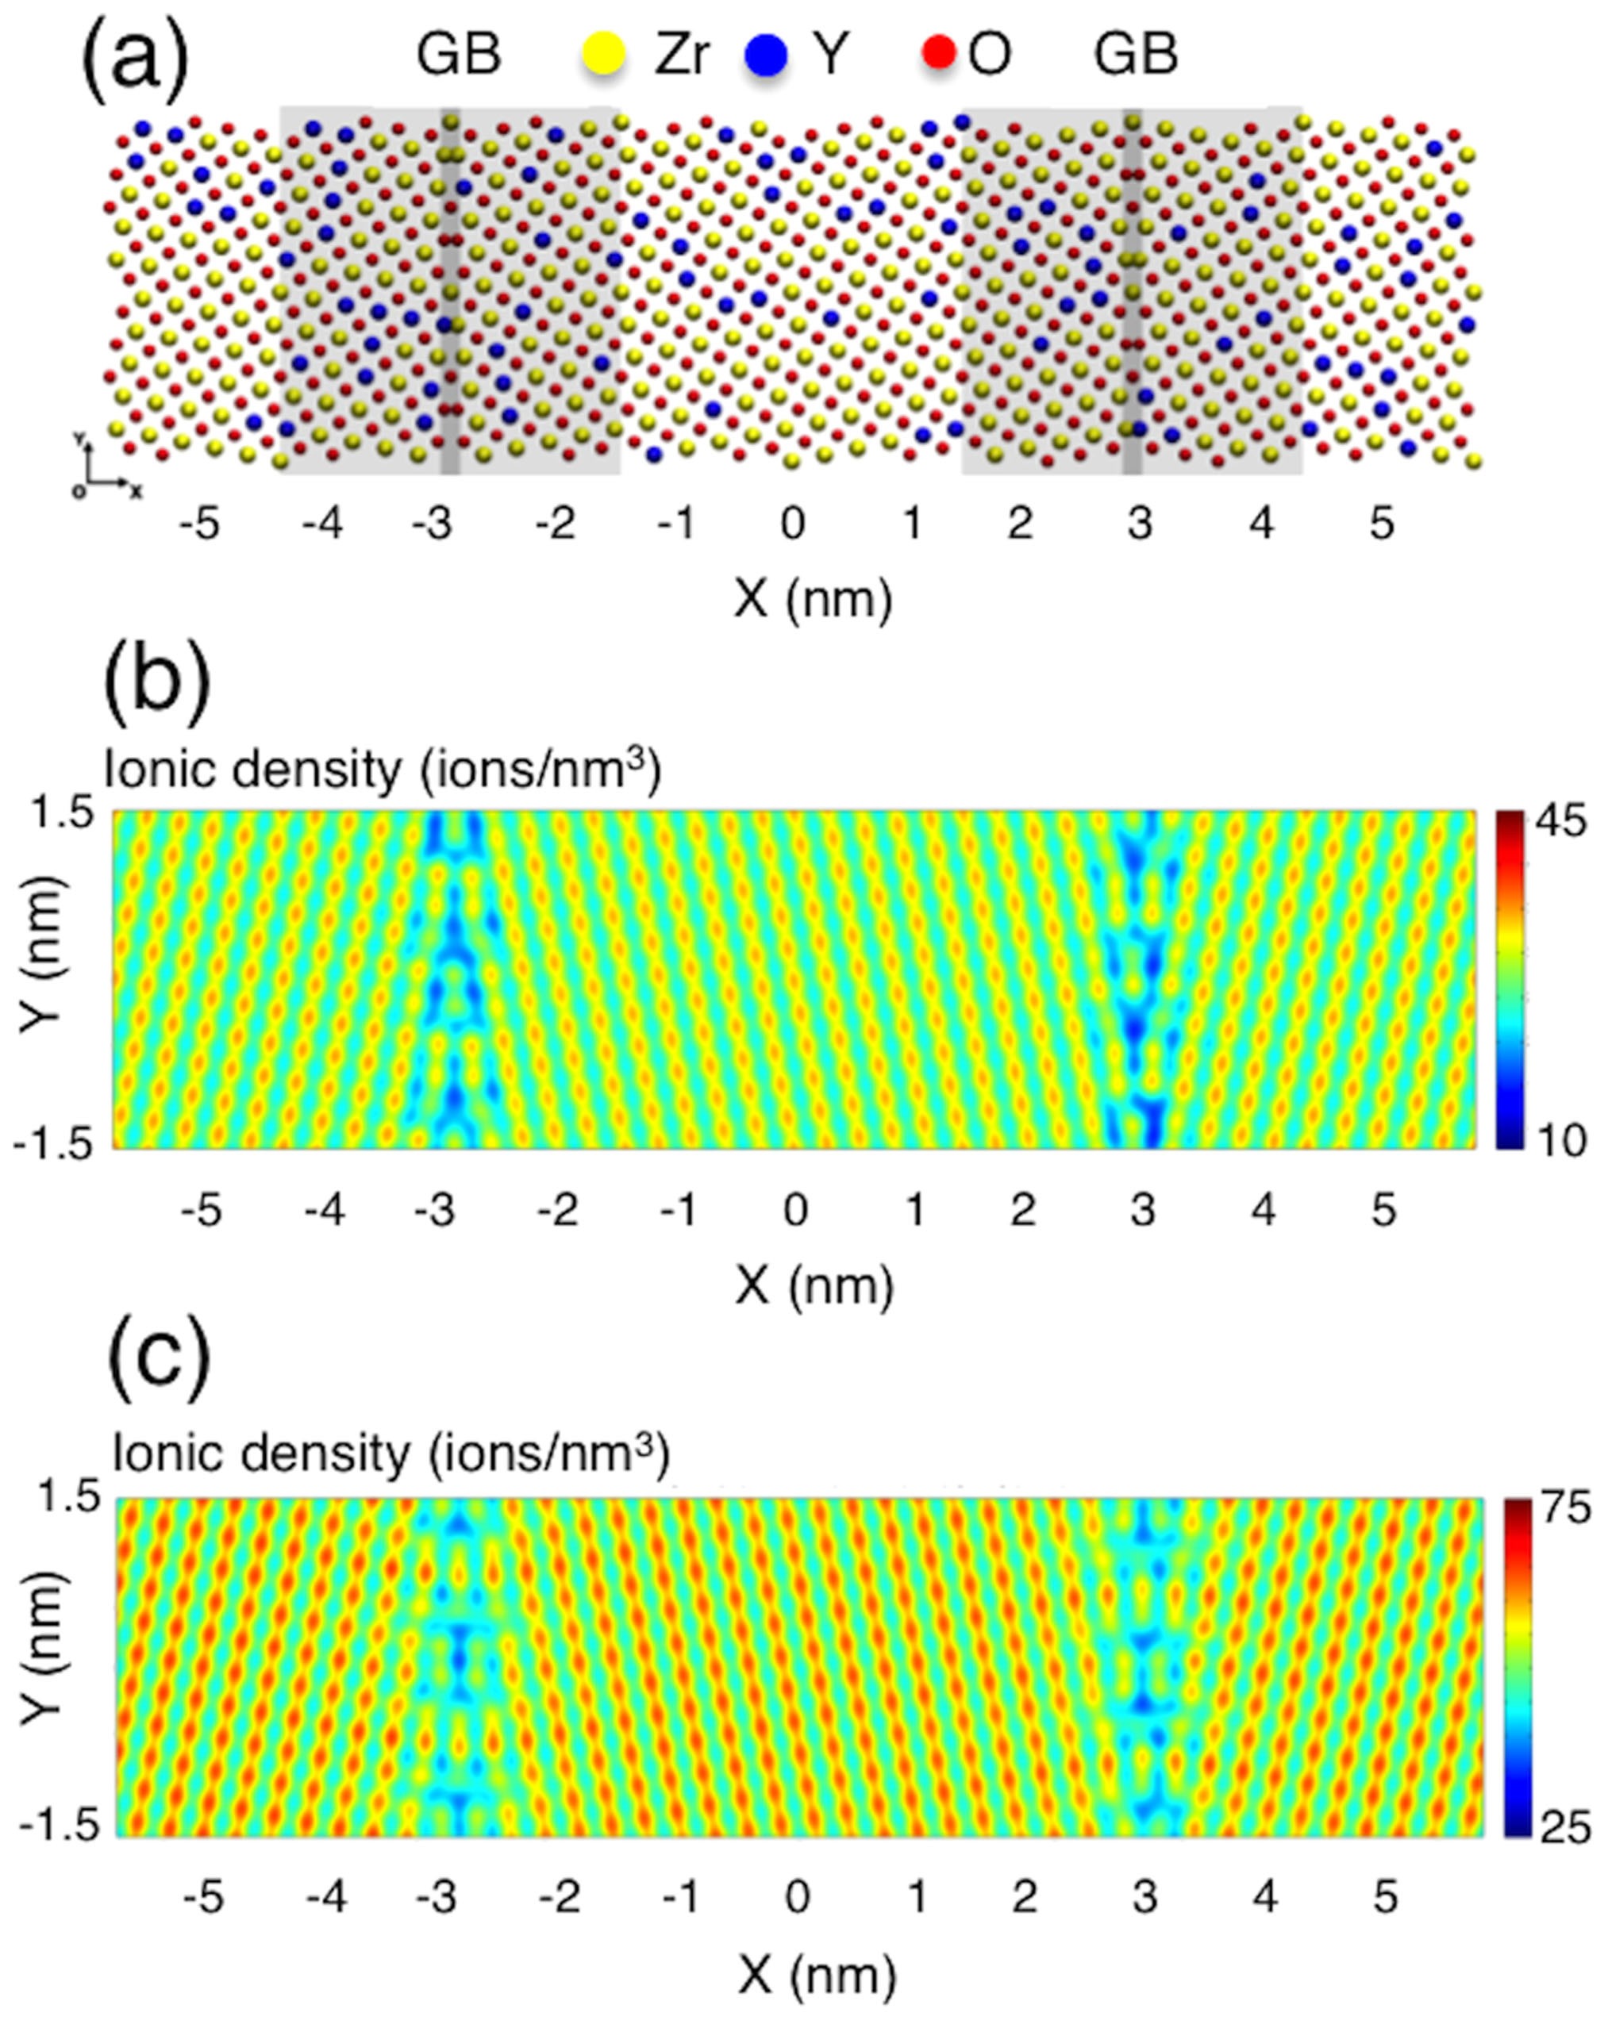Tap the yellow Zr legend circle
point(603,53)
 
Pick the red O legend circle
point(938,52)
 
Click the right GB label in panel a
point(1135,54)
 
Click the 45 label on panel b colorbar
point(1560,823)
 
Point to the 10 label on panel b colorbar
point(1560,1141)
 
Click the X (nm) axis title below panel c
point(816,1977)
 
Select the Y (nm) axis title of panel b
point(42,980)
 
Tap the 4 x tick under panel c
point(1265,1898)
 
